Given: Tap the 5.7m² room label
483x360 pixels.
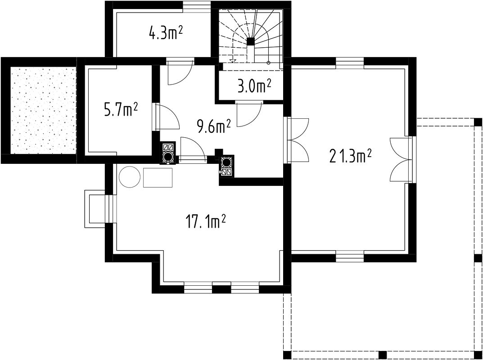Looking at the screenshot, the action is click(x=121, y=110).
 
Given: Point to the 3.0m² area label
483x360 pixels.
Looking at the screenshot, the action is click(x=254, y=86).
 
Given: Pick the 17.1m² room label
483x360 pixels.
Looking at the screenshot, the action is click(x=205, y=221).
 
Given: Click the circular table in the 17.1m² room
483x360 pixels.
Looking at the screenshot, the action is click(x=130, y=177).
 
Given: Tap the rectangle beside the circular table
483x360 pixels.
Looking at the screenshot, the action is click(x=158, y=177).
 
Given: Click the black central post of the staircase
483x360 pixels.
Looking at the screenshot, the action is click(x=251, y=41).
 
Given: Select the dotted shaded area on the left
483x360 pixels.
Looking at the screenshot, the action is click(x=43, y=111).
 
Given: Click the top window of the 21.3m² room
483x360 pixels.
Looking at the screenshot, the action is click(x=350, y=63).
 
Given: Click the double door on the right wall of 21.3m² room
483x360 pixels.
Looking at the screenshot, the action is click(x=402, y=159).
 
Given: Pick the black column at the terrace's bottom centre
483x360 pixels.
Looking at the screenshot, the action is click(x=382, y=355).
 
